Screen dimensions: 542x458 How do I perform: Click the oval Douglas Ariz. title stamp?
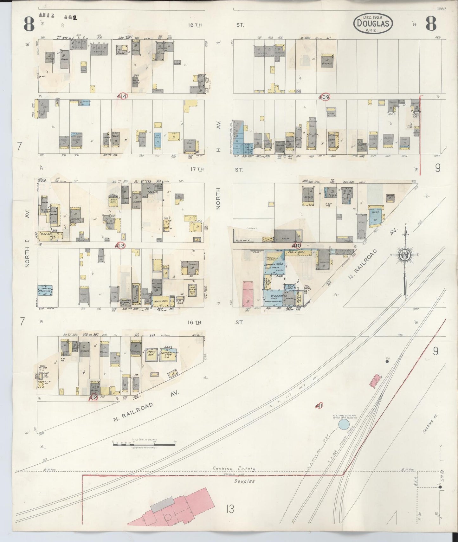(373, 23)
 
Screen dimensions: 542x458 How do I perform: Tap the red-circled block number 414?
(122, 96)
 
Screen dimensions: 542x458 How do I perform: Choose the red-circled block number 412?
(93, 398)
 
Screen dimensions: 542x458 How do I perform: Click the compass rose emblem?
(405, 254)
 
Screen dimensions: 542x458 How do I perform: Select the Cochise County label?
(234, 468)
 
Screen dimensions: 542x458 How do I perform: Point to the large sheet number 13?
(230, 509)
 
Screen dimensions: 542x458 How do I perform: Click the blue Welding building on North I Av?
(45, 289)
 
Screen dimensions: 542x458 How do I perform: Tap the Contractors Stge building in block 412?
(169, 353)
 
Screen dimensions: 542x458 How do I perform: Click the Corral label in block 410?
(252, 228)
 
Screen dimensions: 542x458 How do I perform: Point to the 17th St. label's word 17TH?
(197, 170)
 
